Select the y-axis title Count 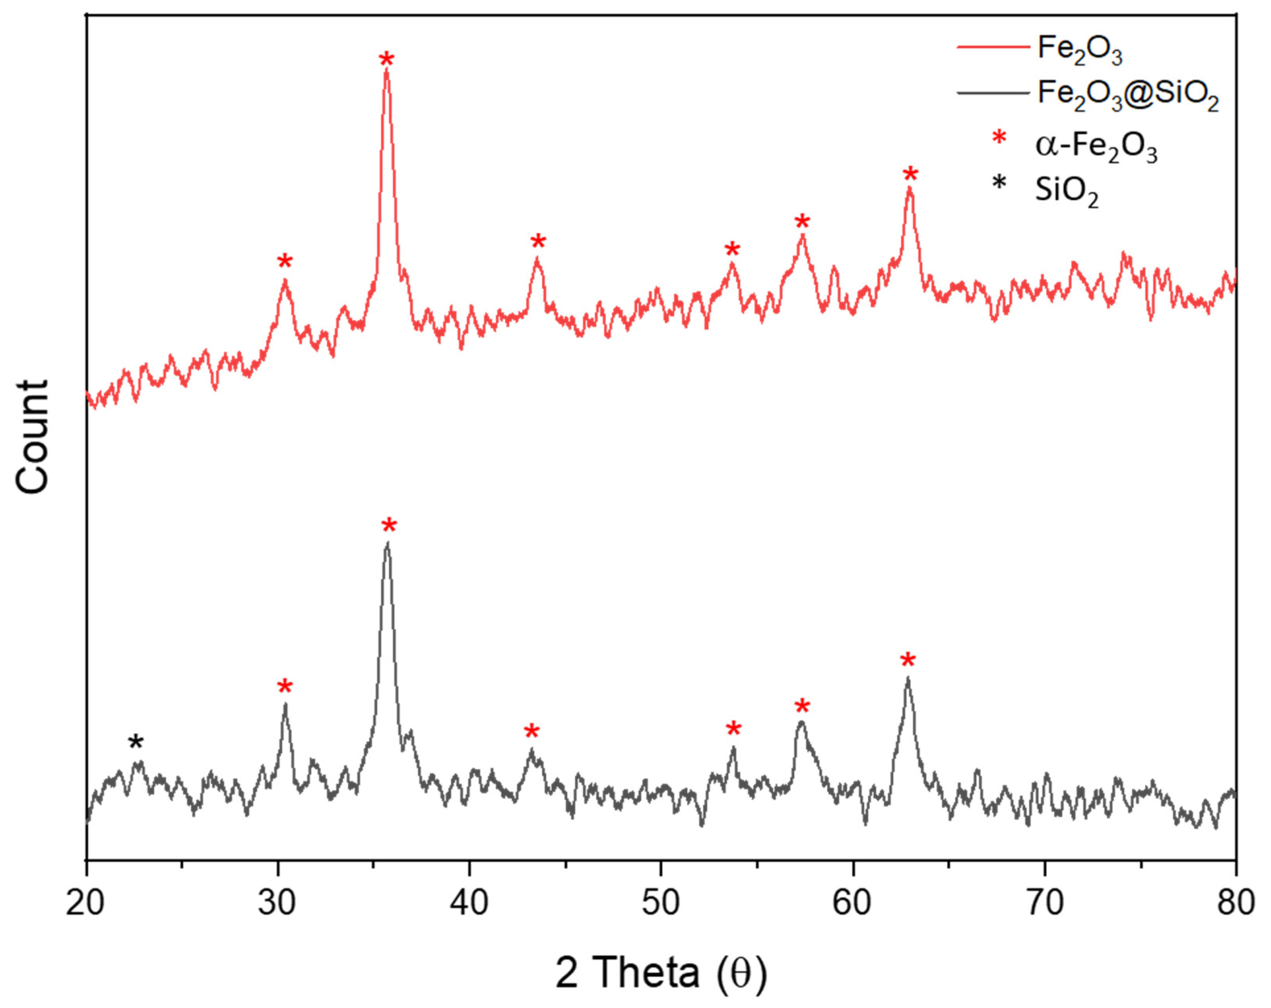click(33, 436)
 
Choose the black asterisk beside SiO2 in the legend click(999, 183)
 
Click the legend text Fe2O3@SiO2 click(1128, 94)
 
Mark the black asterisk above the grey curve click(136, 743)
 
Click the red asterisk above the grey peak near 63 click(908, 661)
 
